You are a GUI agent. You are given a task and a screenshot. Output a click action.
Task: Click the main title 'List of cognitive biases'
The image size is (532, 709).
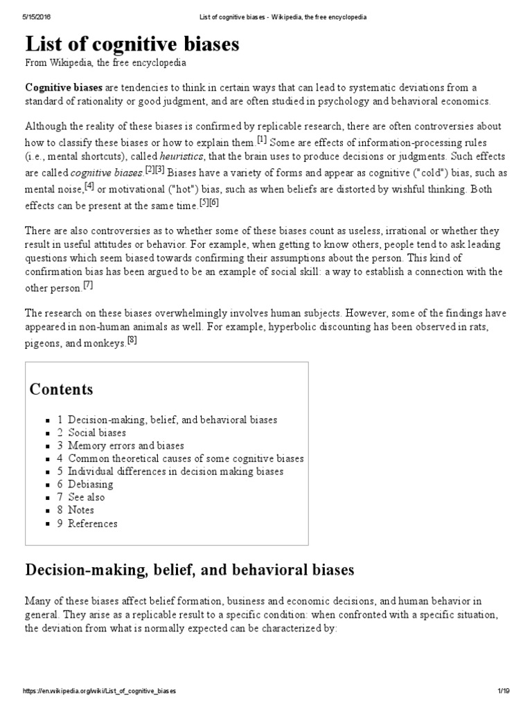click(x=132, y=45)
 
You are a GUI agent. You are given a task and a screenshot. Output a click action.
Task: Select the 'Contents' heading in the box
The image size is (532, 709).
click(x=61, y=389)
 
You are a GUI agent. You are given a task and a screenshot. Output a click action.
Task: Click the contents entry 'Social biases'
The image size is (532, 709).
click(x=96, y=433)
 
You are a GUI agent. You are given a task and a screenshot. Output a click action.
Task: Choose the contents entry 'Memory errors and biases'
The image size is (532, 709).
click(x=125, y=445)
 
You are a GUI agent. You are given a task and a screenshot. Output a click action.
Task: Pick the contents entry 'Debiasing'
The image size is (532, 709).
click(x=90, y=484)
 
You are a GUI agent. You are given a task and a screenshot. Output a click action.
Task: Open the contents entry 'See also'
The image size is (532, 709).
click(x=87, y=497)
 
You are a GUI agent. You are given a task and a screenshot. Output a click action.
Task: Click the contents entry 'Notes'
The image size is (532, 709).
click(x=80, y=510)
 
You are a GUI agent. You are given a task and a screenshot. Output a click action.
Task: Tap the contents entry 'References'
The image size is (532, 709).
click(x=92, y=523)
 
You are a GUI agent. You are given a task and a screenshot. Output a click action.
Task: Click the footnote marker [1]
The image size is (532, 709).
click(x=261, y=140)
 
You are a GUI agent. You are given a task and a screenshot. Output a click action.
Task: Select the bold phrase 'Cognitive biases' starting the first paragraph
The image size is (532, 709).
click(x=64, y=87)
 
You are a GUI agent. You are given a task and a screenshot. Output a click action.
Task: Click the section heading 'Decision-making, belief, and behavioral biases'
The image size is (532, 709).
click(x=190, y=570)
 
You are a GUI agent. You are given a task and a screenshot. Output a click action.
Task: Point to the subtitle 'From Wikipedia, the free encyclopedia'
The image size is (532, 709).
click(x=106, y=62)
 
